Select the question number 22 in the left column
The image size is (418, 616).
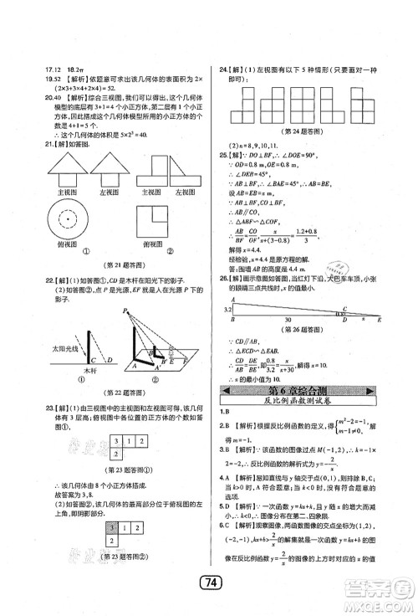pos(26,281)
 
